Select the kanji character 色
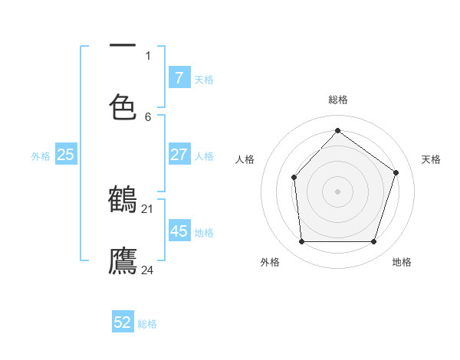(x=123, y=106)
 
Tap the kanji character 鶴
(x=123, y=200)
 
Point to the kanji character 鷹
(x=123, y=260)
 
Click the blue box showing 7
(x=179, y=77)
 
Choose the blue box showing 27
(x=179, y=155)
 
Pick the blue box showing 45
(x=179, y=231)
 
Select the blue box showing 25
(x=66, y=155)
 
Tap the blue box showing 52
(x=123, y=322)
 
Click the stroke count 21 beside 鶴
(x=147, y=208)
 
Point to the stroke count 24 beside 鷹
(x=147, y=270)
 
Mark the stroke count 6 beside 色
(x=148, y=116)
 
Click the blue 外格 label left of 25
(x=41, y=156)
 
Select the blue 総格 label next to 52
(x=147, y=324)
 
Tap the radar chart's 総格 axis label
(x=338, y=100)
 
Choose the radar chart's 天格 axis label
(x=431, y=159)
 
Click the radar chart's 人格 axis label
(x=245, y=159)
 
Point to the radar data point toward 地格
(x=373, y=242)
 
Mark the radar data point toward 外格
(x=301, y=242)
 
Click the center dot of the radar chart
(x=337, y=191)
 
